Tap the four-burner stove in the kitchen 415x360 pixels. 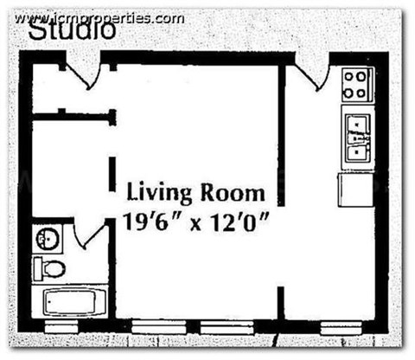[x=356, y=85]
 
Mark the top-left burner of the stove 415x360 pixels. [x=348, y=76]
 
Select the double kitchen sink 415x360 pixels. [x=356, y=138]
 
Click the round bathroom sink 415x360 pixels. [x=45, y=237]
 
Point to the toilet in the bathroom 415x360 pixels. [x=49, y=267]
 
